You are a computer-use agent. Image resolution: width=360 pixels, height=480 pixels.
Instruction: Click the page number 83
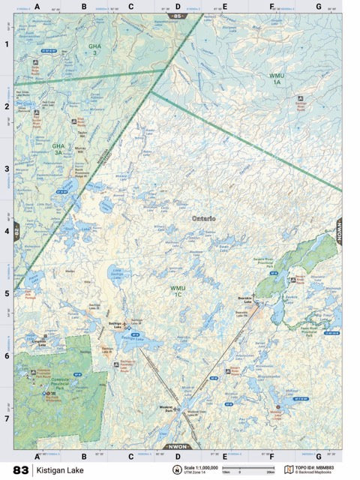[x=20, y=470]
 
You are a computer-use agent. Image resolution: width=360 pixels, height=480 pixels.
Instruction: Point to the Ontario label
[x=203, y=218]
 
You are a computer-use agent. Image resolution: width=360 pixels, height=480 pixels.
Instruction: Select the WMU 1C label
[x=177, y=290]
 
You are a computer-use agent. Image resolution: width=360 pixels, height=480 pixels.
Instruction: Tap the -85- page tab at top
[x=177, y=15]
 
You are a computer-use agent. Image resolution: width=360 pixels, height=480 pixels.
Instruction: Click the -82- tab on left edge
[x=16, y=229]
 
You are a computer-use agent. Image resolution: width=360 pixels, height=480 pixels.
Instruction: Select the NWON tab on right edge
[x=339, y=229]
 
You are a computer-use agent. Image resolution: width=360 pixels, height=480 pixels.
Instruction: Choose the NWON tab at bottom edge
[x=177, y=447]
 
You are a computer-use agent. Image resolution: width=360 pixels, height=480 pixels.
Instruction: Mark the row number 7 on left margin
[x=6, y=417]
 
